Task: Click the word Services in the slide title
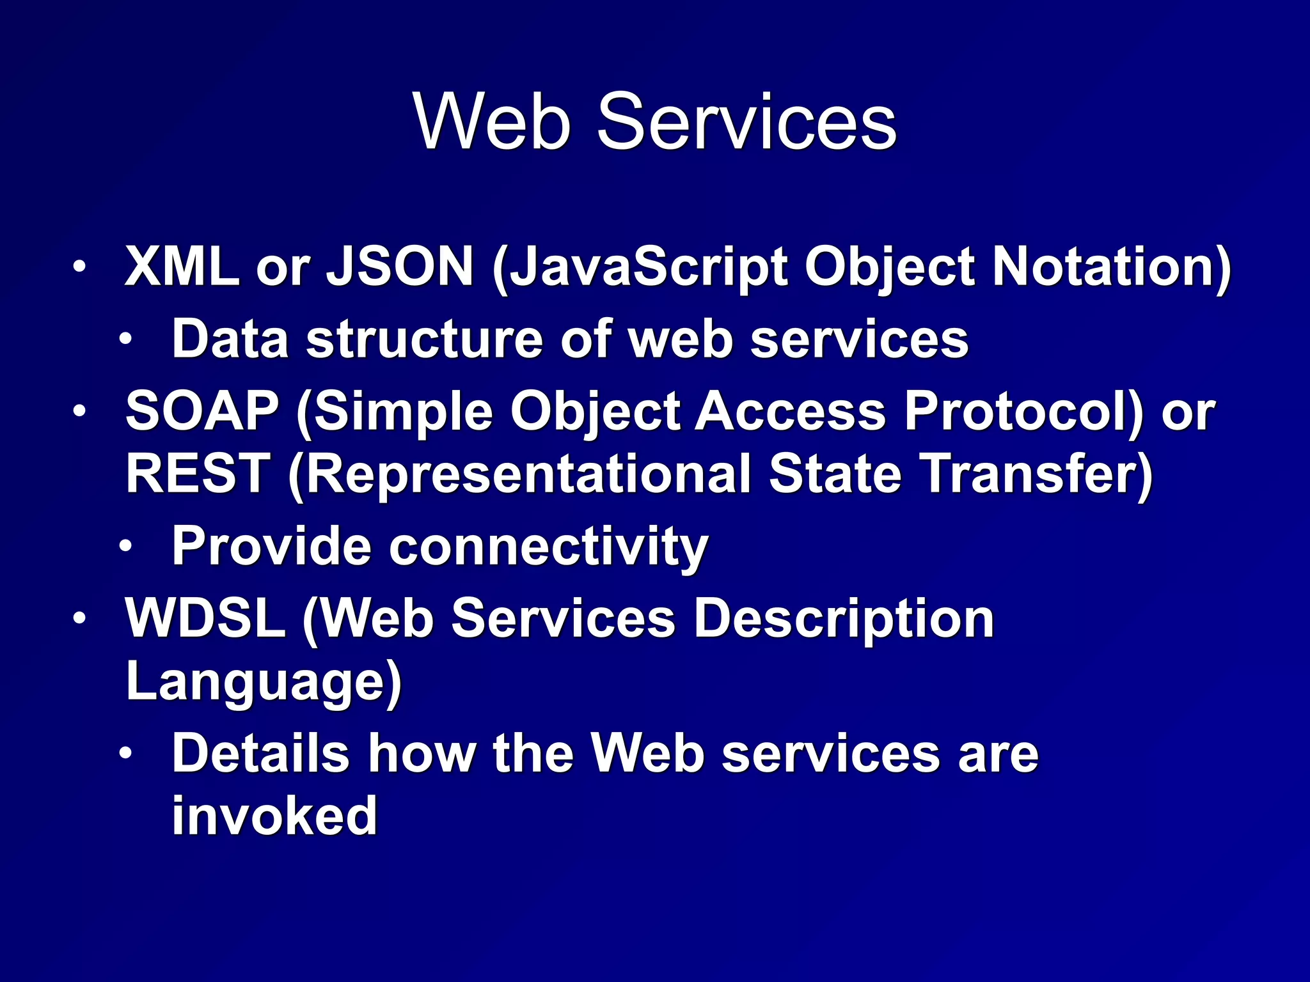click(746, 121)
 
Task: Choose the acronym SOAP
click(202, 410)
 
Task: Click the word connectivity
click(548, 547)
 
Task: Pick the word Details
click(261, 753)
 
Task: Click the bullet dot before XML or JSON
click(78, 267)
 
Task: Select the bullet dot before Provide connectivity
click(126, 547)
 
